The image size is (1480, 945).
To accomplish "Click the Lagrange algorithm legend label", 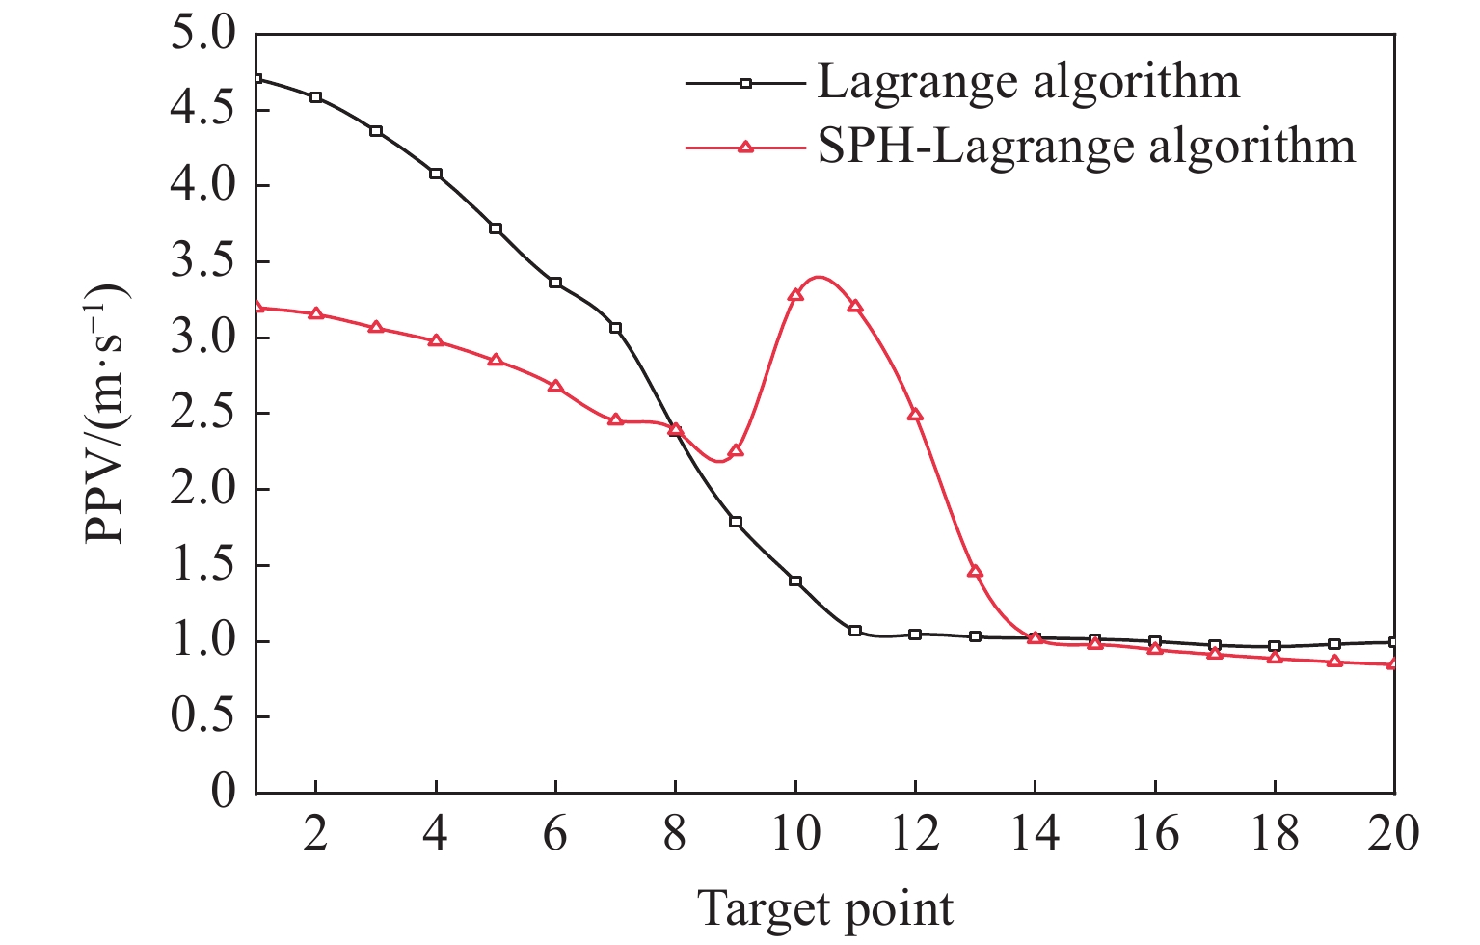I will tap(1028, 83).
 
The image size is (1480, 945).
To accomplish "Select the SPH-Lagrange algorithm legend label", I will tap(1087, 148).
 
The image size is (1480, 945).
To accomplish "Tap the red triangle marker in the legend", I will tap(744, 148).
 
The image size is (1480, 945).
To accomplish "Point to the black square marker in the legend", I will tap(744, 83).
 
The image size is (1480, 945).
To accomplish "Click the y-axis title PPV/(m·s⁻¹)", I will tap(107, 414).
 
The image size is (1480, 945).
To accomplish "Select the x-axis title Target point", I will tap(825, 908).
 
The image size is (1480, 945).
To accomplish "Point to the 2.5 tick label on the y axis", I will tap(202, 414).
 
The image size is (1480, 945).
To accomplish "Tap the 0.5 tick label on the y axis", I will tap(202, 717).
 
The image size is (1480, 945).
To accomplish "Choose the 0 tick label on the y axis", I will tap(223, 793).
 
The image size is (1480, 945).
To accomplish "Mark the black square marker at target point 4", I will tap(436, 174).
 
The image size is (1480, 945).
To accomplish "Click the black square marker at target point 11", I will tap(855, 631).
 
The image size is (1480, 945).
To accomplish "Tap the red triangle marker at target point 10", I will tap(795, 295).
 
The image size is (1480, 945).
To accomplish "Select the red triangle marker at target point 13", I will tap(975, 572).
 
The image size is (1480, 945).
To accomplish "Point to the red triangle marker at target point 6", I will tap(555, 386).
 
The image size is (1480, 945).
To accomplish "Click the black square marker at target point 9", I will tap(736, 522).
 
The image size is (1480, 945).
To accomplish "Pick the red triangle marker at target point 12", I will tap(915, 415).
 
